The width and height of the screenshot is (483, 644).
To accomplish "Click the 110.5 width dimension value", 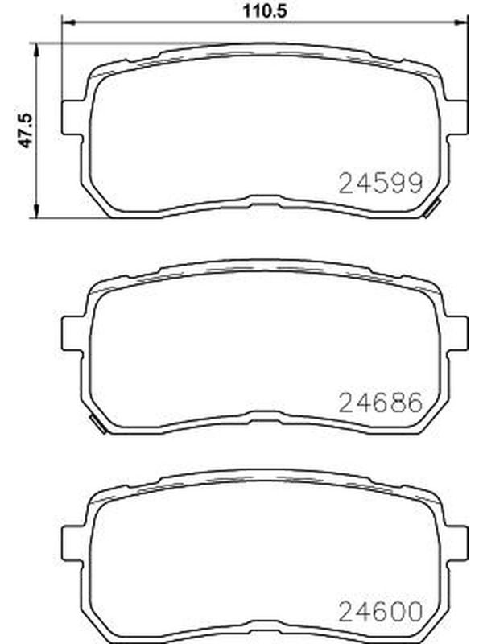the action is pos(265,10).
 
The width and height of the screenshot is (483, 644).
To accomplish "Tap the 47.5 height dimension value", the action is pos(25,130).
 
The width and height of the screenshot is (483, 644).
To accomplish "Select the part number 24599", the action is pos(380,184).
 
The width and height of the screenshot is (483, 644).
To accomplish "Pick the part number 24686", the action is pos(380,402).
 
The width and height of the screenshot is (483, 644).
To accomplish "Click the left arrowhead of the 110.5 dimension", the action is pos(68,23).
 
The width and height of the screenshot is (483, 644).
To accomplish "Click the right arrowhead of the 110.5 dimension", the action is pos(460,23).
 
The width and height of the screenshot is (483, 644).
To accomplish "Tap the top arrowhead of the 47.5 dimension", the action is pos(36,50).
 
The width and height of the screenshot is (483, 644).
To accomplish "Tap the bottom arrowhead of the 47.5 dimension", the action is pos(36,211).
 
